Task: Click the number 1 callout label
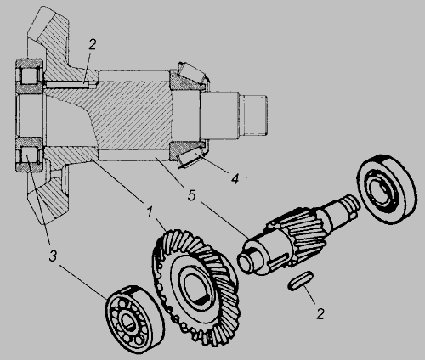coord(150,211)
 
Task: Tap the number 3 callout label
coord(53,256)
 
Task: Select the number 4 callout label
coord(235,179)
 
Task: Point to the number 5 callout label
coord(192,195)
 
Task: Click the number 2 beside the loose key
coord(320,314)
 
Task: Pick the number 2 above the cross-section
coord(93,44)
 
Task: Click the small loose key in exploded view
coord(300,280)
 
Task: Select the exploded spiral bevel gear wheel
coord(195,287)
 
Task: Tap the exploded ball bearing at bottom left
coord(135,319)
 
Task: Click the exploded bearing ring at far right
coord(387,189)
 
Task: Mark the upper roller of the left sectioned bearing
coord(29,76)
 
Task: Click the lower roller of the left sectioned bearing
coord(29,155)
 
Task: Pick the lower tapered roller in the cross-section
coord(190,158)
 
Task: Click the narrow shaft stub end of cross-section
coord(252,115)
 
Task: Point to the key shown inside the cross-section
coord(67,84)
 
